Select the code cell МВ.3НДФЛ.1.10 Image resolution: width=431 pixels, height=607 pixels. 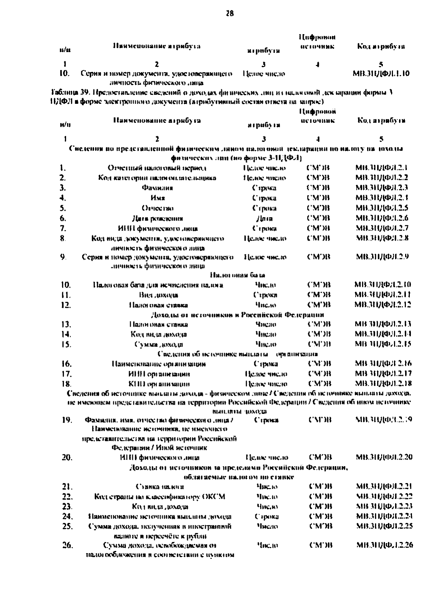tap(381, 74)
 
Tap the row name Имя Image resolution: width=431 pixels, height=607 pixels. tap(158, 198)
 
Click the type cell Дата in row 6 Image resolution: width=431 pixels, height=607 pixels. tap(264, 218)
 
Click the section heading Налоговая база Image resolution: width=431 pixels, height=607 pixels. tap(237, 275)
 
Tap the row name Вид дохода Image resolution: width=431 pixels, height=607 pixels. tap(158, 295)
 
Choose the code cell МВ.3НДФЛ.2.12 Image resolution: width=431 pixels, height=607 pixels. tap(383, 305)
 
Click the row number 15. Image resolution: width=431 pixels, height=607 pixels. tap(66, 344)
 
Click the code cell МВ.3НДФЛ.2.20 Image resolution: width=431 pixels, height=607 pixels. tap(384, 457)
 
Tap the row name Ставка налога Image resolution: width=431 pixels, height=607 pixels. tap(160, 487)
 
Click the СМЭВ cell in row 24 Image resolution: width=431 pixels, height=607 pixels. tap(320, 516)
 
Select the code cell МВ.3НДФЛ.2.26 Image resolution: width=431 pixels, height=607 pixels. tap(384, 545)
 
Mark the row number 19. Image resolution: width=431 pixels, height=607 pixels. tap(67, 420)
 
